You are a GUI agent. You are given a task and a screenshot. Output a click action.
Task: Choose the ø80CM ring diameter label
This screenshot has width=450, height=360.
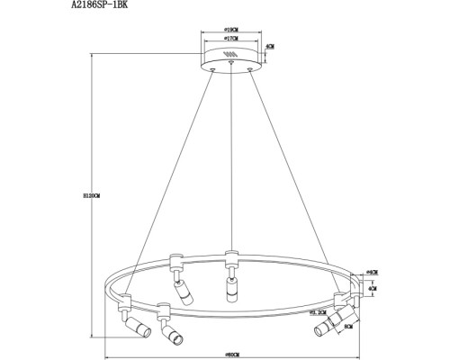click(232, 354)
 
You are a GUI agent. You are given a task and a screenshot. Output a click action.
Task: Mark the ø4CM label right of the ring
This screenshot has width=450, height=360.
click(372, 272)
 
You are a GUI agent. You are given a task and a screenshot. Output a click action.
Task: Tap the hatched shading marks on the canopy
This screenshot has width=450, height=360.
click(230, 56)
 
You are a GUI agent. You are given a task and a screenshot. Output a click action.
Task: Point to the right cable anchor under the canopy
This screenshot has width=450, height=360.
click(252, 68)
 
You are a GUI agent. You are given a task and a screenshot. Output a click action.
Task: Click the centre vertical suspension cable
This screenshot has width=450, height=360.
click(232, 162)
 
